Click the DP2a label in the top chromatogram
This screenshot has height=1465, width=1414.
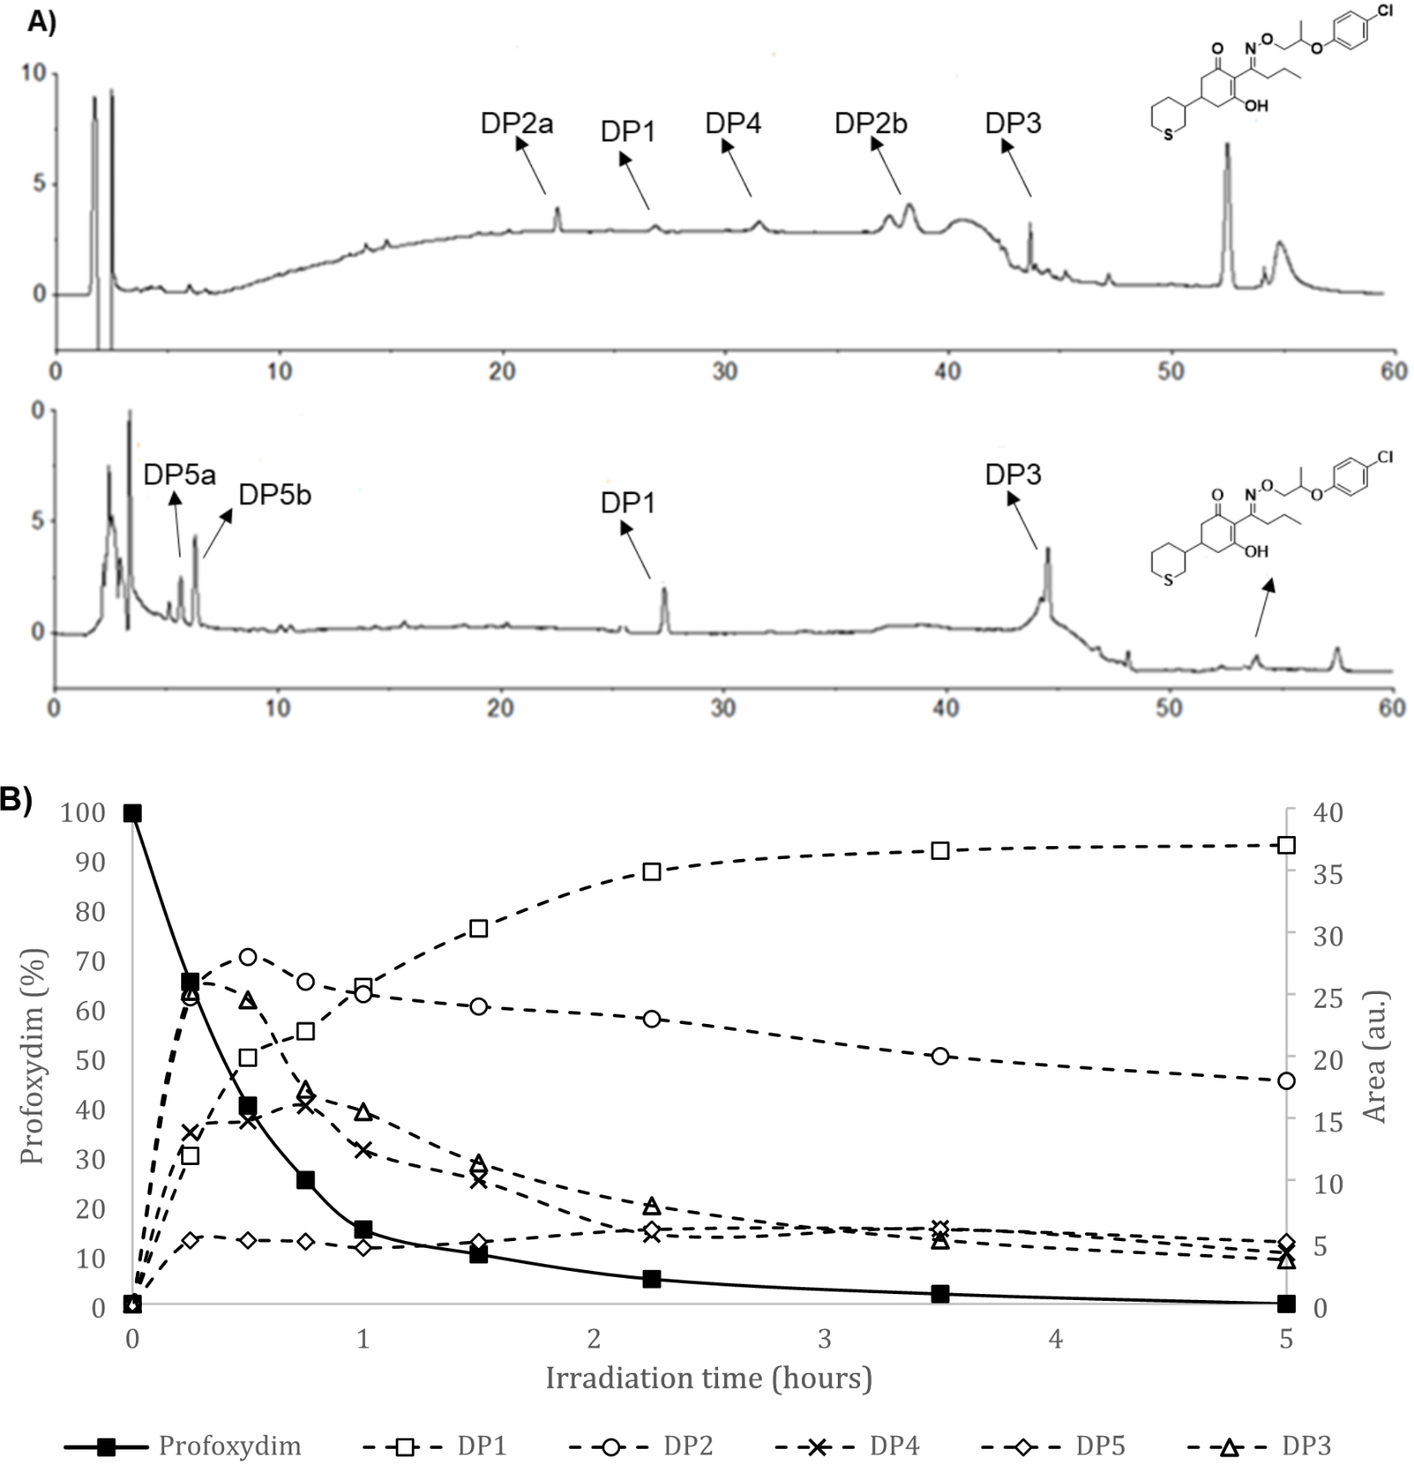pyautogui.click(x=516, y=124)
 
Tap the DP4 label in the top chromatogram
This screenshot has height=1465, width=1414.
pyautogui.click(x=733, y=124)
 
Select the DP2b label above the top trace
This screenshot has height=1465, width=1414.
pyautogui.click(x=870, y=124)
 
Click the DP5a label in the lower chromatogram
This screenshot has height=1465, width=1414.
pyautogui.click(x=179, y=474)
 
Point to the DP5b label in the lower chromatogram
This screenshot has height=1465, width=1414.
pyautogui.click(x=274, y=494)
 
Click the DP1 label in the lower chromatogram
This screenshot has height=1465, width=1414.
pyautogui.click(x=627, y=503)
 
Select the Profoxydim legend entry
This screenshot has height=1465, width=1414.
pyautogui.click(x=229, y=1446)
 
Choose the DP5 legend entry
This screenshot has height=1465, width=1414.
pyautogui.click(x=1099, y=1446)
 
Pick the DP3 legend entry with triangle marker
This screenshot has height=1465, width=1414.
pyautogui.click(x=1305, y=1446)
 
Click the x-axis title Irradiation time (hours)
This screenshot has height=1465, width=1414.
pyautogui.click(x=708, y=1378)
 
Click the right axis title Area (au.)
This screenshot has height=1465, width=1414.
pyautogui.click(x=1376, y=1057)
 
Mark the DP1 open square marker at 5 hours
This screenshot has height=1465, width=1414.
pyautogui.click(x=1286, y=845)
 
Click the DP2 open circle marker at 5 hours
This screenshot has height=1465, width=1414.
pyautogui.click(x=1286, y=1081)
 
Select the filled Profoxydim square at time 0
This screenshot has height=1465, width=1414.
pyautogui.click(x=132, y=813)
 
